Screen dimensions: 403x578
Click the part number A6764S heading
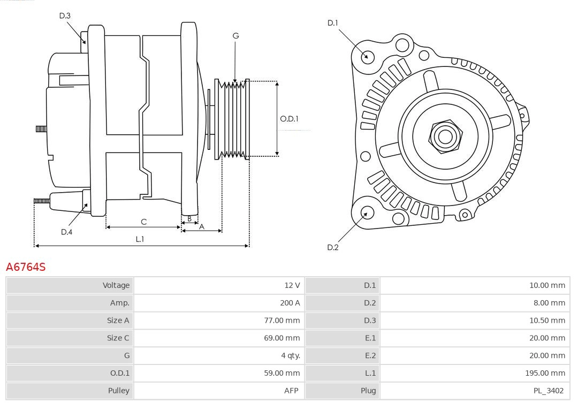(x=26, y=267)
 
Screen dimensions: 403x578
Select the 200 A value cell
(x=290, y=303)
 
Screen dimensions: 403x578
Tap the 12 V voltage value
(x=292, y=285)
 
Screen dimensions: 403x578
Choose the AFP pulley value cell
(x=291, y=391)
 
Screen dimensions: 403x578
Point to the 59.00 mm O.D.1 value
(x=282, y=373)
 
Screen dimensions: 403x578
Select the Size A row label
(x=118, y=321)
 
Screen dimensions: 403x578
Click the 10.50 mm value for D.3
(x=547, y=321)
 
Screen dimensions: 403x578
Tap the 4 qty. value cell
(x=291, y=355)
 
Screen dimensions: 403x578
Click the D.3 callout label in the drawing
(x=65, y=16)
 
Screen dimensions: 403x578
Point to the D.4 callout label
(x=66, y=232)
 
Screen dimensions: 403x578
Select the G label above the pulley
(x=235, y=36)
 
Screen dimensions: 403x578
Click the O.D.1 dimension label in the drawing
(x=289, y=119)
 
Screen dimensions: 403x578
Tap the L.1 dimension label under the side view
(x=139, y=239)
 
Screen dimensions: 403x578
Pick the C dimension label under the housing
(x=143, y=222)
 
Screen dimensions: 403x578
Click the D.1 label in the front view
(x=333, y=22)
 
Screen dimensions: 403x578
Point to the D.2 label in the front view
(x=333, y=247)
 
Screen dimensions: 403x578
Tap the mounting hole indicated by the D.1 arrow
(x=368, y=56)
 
